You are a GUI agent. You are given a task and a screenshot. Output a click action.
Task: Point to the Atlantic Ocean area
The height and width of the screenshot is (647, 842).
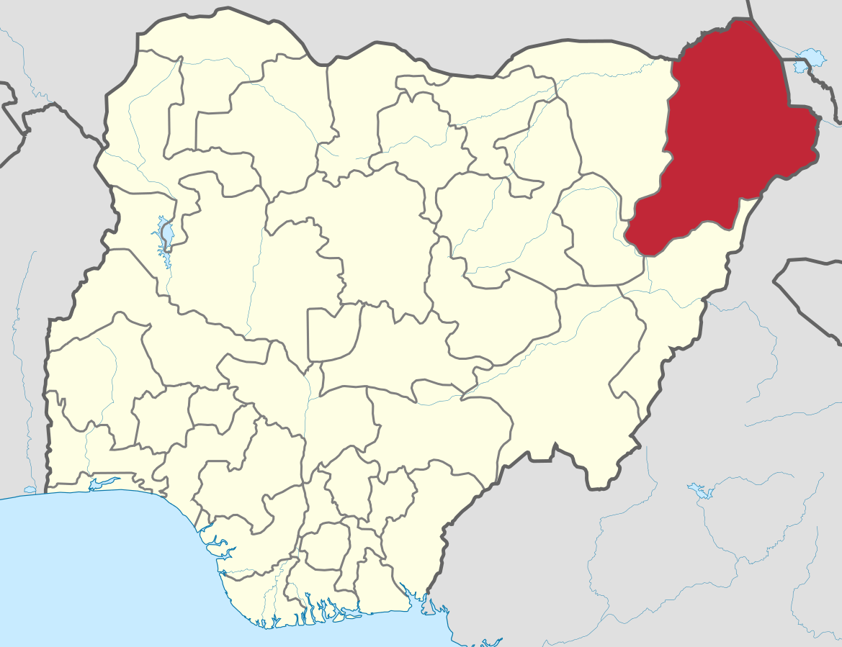click(x=108, y=569)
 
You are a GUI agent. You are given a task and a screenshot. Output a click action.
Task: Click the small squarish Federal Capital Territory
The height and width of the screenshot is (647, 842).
click(x=332, y=331)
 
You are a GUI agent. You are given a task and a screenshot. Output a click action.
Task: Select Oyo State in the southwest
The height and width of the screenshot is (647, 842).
click(x=94, y=374)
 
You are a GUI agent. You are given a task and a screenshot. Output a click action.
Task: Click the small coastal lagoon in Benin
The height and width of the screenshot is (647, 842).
click(x=30, y=489)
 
